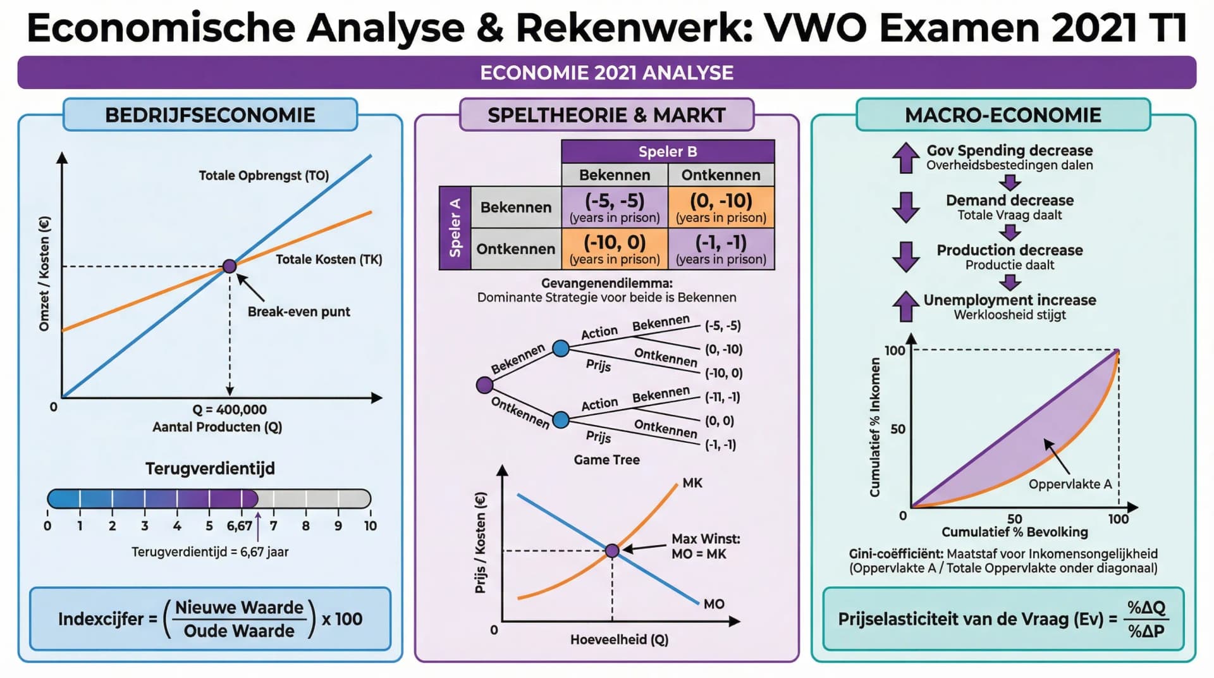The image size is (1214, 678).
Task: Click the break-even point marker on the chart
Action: click(x=230, y=266)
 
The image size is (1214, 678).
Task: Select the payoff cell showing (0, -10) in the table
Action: click(x=721, y=207)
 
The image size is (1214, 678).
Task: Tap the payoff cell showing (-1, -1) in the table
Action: click(x=721, y=249)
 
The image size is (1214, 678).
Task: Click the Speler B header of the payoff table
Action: click(x=668, y=152)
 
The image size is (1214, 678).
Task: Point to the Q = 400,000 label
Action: click(x=230, y=410)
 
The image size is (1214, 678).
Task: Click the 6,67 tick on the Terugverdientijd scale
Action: click(x=240, y=526)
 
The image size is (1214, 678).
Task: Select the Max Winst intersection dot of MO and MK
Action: click(x=612, y=551)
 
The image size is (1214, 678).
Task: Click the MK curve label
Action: click(x=692, y=483)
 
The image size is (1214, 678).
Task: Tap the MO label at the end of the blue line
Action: click(x=714, y=604)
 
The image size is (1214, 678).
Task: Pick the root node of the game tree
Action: click(x=484, y=385)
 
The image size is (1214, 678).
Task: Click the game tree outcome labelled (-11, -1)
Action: click(x=722, y=397)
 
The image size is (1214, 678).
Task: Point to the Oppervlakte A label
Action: click(x=1070, y=484)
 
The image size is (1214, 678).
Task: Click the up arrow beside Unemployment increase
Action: click(x=905, y=307)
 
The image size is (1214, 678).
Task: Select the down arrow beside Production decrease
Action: click(x=905, y=257)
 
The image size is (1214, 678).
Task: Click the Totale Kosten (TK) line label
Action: click(x=329, y=259)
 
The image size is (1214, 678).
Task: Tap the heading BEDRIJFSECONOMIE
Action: click(x=210, y=115)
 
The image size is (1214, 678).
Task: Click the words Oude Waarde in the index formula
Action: click(x=239, y=631)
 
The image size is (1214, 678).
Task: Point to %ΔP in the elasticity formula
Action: click(x=1146, y=631)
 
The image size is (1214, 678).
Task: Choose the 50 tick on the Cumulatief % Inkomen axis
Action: click(x=898, y=429)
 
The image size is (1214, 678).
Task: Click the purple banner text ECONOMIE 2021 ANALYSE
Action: click(x=606, y=73)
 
